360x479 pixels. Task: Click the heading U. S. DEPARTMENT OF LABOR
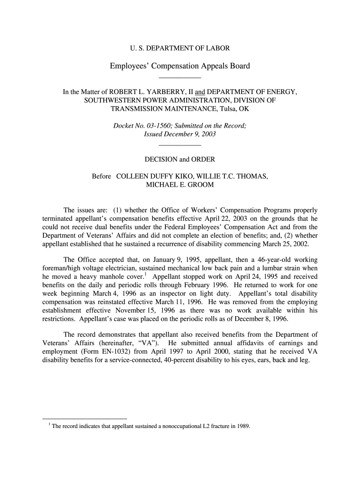coord(180,48)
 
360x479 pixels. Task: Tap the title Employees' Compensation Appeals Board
coord(180,66)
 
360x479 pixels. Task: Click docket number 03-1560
coord(156,125)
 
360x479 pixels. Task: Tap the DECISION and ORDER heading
coord(180,160)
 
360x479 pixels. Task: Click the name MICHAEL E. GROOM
coord(180,185)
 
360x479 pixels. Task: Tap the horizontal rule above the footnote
coord(85,418)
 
